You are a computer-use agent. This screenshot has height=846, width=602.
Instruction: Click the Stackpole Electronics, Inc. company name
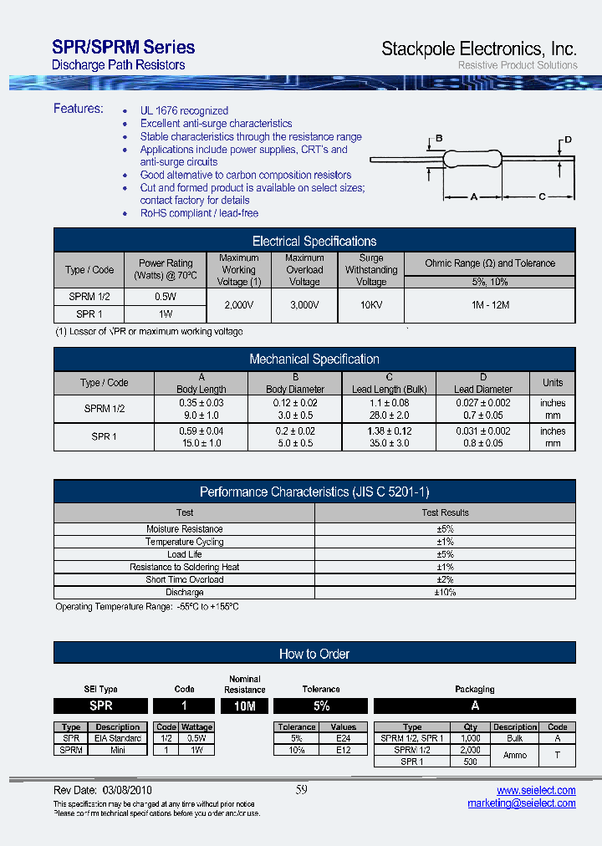click(478, 48)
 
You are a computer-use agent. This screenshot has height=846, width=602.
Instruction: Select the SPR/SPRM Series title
click(123, 48)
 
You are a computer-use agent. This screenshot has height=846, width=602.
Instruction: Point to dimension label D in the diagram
click(567, 140)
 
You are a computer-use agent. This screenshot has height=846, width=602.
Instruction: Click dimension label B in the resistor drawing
click(439, 138)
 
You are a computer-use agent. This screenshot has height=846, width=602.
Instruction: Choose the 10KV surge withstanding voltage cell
click(370, 305)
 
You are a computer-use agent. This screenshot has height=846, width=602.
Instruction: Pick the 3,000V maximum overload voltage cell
click(304, 305)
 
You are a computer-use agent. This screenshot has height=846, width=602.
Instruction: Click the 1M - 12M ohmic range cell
click(489, 305)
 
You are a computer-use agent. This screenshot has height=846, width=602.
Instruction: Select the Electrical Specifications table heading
click(314, 241)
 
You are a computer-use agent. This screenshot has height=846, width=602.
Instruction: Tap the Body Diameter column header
click(294, 390)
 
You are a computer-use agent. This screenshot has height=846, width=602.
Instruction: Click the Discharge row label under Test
click(185, 592)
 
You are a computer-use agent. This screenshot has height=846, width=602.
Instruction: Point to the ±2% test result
click(445, 579)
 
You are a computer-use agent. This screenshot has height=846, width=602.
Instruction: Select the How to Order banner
click(314, 654)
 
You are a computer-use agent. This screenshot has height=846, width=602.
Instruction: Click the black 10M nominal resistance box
click(244, 706)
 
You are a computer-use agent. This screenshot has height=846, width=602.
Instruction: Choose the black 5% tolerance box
click(320, 706)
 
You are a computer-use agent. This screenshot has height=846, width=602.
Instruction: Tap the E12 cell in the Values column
click(343, 750)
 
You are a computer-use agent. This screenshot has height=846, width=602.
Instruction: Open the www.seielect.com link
click(536, 790)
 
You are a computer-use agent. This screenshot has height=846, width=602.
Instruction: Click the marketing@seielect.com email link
click(522, 803)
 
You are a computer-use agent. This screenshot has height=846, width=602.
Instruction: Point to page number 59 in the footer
click(302, 790)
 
